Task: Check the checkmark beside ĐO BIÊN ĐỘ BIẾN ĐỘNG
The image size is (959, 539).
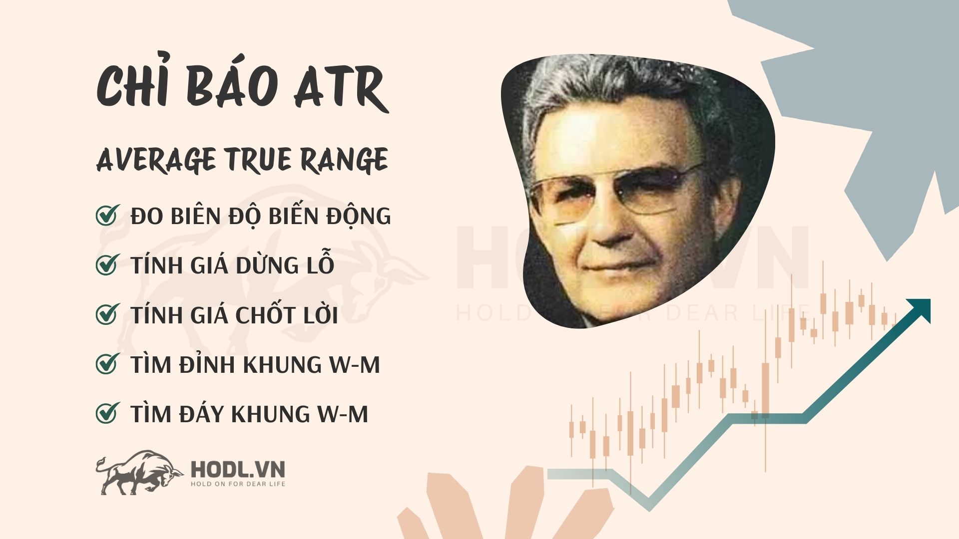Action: tap(107, 216)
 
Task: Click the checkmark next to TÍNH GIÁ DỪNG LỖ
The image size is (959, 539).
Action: tap(107, 265)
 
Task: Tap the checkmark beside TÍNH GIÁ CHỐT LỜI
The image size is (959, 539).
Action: tap(107, 314)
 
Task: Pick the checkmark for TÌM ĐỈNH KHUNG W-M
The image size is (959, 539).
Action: tap(107, 364)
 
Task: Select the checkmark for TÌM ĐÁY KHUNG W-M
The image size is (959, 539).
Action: tap(107, 413)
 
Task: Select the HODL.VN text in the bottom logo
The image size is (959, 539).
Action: tap(238, 470)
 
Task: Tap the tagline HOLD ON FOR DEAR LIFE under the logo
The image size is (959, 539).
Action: tap(238, 484)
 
